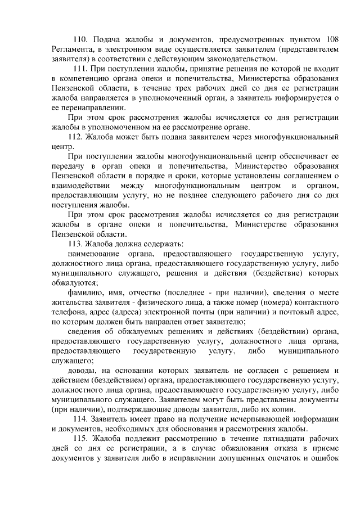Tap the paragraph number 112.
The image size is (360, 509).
point(75,137)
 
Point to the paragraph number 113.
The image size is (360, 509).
point(75,244)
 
